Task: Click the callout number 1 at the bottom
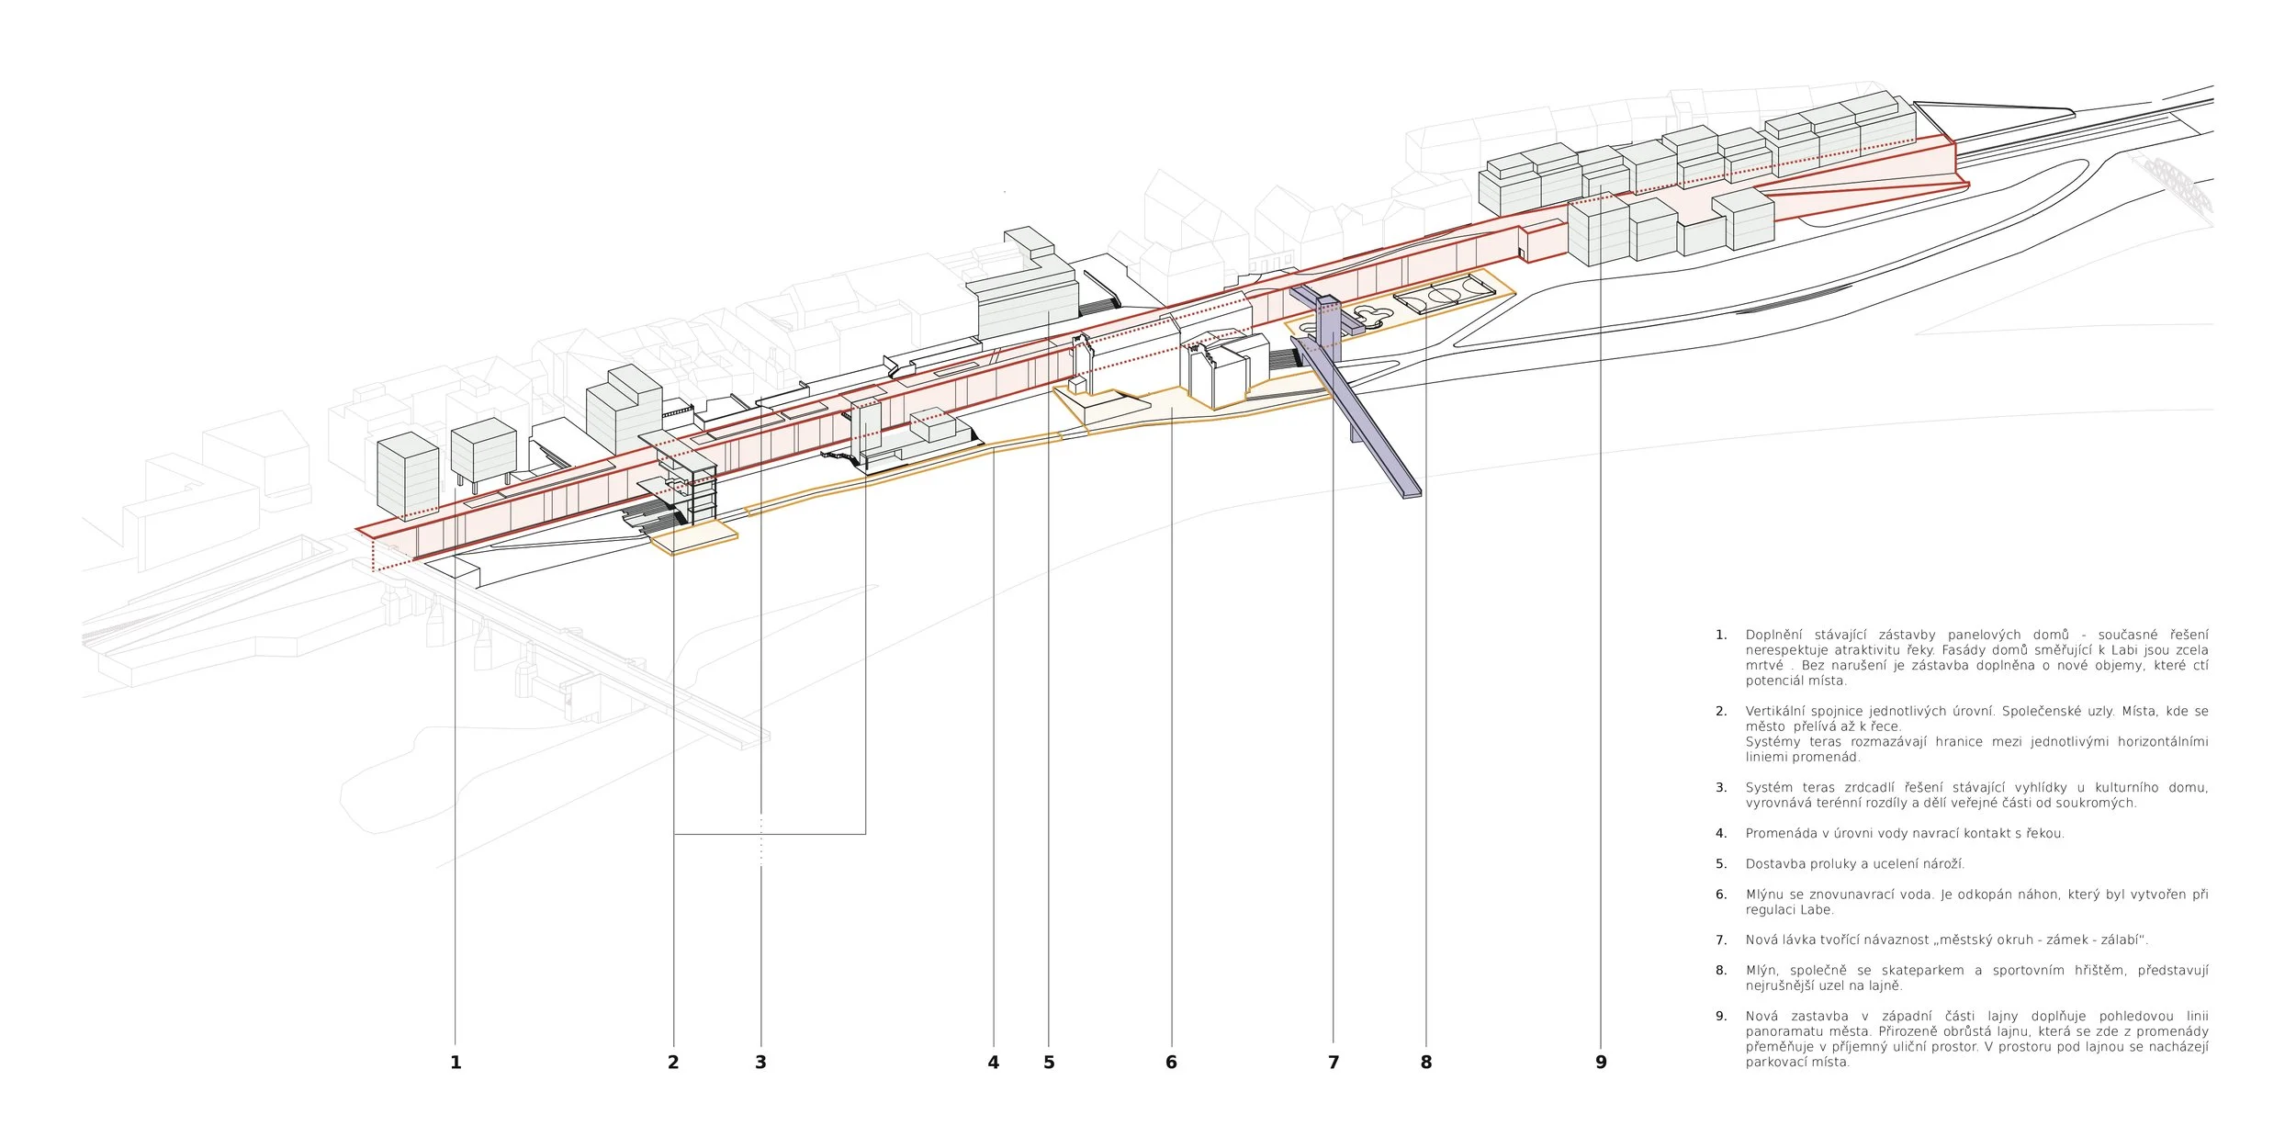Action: pyautogui.click(x=456, y=1063)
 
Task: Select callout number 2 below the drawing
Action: pyautogui.click(x=673, y=1063)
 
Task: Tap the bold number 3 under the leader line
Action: pyautogui.click(x=760, y=1063)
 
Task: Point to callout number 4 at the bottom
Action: pyautogui.click(x=993, y=1063)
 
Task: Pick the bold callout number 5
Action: pyautogui.click(x=1049, y=1063)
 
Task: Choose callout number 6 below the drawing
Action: pyautogui.click(x=1171, y=1063)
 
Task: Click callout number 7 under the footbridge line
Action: pyautogui.click(x=1334, y=1063)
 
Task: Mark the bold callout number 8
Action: pyautogui.click(x=1426, y=1063)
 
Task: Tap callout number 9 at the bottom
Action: pyautogui.click(x=1601, y=1063)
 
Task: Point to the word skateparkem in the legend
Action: pyautogui.click(x=1922, y=971)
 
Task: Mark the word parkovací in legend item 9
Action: pyautogui.click(x=1776, y=1063)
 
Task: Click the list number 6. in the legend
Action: pyautogui.click(x=1721, y=895)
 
